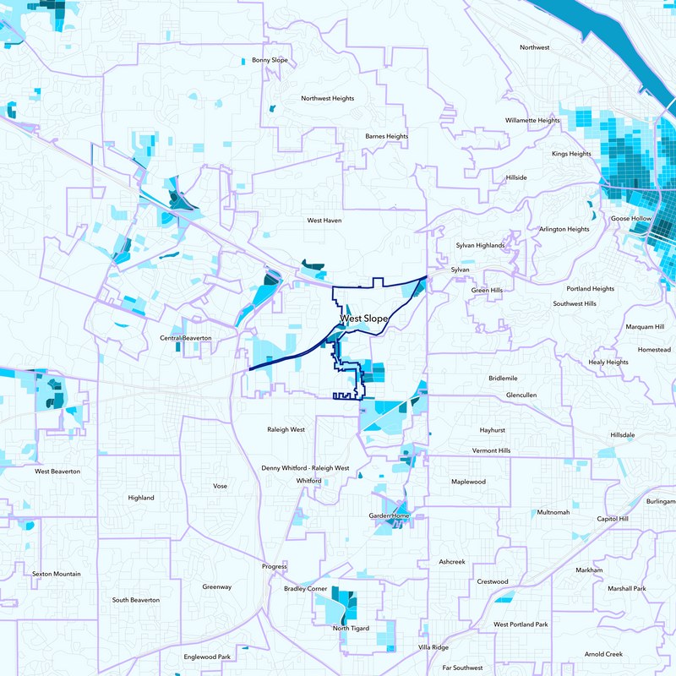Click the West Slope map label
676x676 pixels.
click(x=364, y=319)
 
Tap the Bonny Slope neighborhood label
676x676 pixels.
click(x=270, y=61)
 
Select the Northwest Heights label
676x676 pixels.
click(x=328, y=99)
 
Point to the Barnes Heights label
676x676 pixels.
click(x=386, y=136)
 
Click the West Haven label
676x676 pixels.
click(x=324, y=221)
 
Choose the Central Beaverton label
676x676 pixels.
click(x=185, y=338)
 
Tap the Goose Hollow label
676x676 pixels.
click(x=630, y=219)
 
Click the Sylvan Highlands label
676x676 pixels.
click(x=480, y=246)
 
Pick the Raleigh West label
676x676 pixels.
click(x=285, y=429)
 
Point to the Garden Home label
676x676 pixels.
click(x=390, y=515)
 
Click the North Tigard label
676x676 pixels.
click(x=352, y=629)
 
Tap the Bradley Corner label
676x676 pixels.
click(x=305, y=588)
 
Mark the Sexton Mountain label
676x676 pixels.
click(x=57, y=574)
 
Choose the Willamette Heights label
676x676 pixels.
click(x=532, y=121)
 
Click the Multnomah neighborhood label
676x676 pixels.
click(x=553, y=513)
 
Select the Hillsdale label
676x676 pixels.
click(x=622, y=434)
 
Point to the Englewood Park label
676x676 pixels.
click(x=207, y=657)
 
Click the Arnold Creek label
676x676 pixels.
click(x=602, y=654)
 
